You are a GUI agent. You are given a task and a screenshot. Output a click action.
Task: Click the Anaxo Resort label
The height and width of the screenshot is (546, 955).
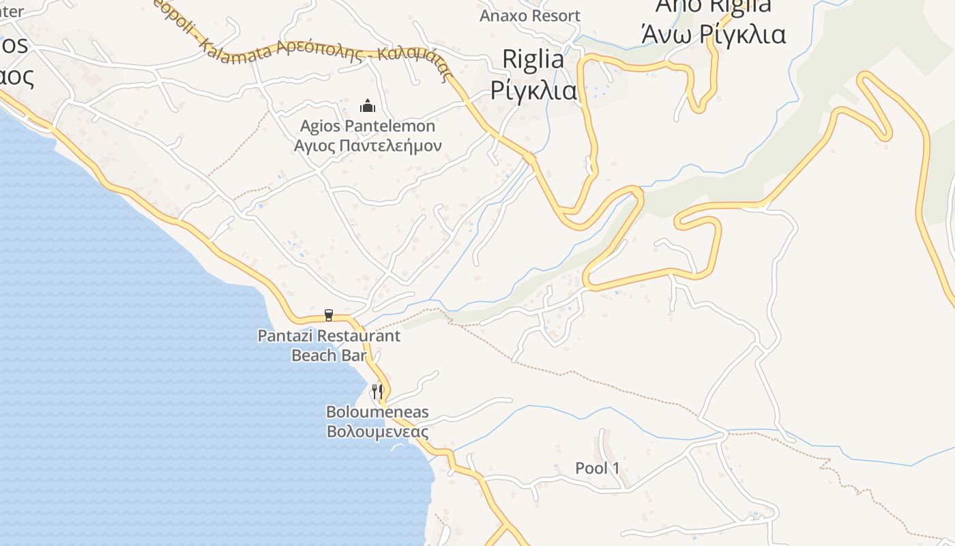point(530,16)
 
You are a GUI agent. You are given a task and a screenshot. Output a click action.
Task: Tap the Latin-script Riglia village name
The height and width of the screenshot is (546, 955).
point(533,59)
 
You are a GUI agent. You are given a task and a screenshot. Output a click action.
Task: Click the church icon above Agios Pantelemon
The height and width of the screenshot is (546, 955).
point(368,106)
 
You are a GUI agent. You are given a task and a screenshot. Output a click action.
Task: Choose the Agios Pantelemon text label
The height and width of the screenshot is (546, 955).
point(368,126)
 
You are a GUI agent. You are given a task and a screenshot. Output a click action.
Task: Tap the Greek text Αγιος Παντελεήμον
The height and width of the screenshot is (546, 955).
point(368,145)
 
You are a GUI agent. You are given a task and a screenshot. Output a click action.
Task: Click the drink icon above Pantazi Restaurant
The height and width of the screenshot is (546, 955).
point(329,315)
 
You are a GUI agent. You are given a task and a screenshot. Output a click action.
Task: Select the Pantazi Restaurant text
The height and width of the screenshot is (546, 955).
point(329,336)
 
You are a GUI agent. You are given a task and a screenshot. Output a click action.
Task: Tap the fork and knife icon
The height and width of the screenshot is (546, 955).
point(377,391)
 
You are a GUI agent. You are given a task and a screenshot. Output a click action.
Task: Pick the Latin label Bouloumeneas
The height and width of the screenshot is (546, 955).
point(377,412)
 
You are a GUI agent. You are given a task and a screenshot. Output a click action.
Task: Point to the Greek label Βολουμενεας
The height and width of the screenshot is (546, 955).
point(377,431)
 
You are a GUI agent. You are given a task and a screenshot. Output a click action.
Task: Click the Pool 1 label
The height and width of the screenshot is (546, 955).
point(598,468)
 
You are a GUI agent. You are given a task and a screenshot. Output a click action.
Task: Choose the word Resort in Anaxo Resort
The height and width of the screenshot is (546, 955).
point(555,16)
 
